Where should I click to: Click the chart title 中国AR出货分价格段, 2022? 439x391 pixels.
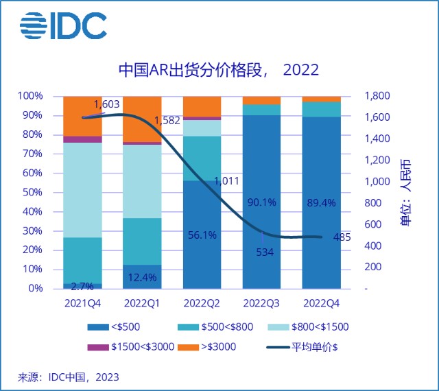(x=219, y=71)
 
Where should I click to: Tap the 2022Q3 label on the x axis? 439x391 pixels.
(x=261, y=303)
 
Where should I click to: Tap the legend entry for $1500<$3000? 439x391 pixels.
(x=134, y=346)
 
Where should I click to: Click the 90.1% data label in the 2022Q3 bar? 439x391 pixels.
(x=261, y=202)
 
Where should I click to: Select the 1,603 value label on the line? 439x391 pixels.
(x=106, y=104)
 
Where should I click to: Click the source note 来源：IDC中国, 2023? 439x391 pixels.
(x=69, y=377)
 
